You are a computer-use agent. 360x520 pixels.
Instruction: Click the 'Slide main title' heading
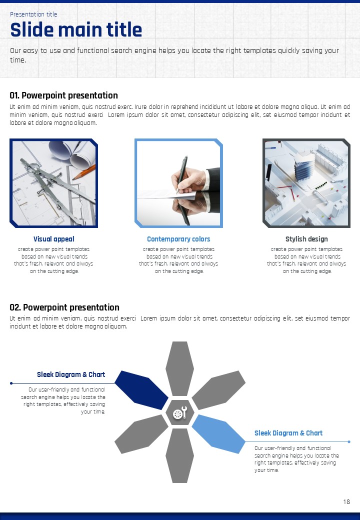[x=76, y=29]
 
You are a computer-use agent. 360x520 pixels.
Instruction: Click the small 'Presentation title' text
[x=33, y=14]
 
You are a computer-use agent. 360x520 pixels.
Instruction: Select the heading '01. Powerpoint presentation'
[x=63, y=95]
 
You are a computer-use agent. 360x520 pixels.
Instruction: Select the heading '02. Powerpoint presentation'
[x=64, y=307]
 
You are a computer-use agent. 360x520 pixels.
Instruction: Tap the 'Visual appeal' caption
[x=53, y=239]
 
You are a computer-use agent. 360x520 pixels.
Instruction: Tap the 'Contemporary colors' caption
[x=178, y=239]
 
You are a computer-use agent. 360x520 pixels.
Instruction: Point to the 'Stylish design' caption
[x=306, y=239]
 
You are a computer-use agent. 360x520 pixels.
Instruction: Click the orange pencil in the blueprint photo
[x=84, y=172]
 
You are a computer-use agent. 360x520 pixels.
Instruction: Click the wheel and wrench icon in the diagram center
[x=180, y=412]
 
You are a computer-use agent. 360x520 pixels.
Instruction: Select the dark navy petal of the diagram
[x=141, y=389]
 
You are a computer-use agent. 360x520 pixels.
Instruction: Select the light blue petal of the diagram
[x=218, y=434]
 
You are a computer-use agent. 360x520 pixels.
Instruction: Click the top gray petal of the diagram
[x=179, y=368]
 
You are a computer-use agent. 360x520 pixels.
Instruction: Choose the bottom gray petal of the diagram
[x=179, y=455]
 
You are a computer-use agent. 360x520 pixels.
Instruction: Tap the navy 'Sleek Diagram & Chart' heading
[x=71, y=374]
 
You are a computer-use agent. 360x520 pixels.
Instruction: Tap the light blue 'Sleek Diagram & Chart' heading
[x=288, y=433]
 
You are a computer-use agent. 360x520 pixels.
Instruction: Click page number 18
[x=346, y=502]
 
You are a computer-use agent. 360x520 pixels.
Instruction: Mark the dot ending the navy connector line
[x=11, y=383]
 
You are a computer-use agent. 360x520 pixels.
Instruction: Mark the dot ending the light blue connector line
[x=349, y=441]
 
